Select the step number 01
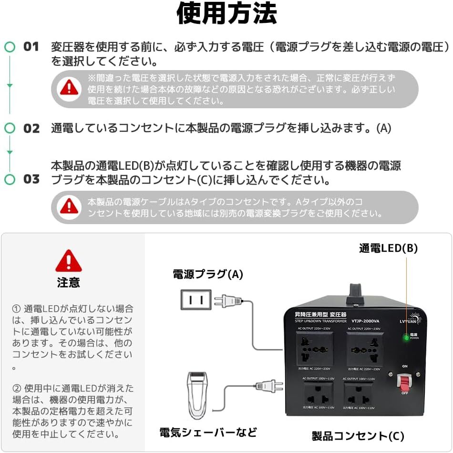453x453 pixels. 31,47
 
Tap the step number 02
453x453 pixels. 31,128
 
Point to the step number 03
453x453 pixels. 31,179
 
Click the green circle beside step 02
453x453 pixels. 10,128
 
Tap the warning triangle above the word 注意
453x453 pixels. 69,261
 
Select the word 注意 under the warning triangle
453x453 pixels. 69,282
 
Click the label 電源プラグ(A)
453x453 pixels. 208,274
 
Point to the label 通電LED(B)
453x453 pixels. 388,248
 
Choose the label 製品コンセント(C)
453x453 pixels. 358,436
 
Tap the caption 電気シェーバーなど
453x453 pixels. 208,432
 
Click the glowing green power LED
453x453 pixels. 406,338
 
